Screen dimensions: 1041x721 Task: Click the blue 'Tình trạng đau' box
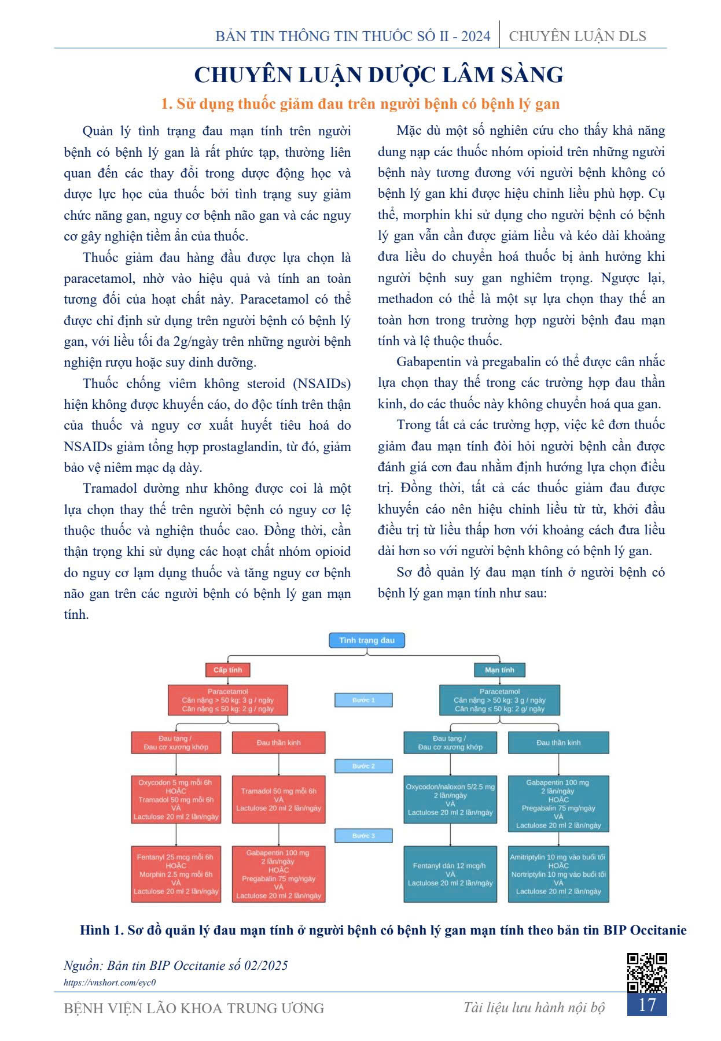click(x=367, y=640)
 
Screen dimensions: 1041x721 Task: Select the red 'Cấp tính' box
click(x=227, y=670)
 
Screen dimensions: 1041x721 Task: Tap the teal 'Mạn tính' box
click(x=499, y=670)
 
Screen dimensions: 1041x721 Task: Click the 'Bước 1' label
click(x=363, y=700)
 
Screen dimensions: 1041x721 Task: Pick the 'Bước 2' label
click(x=363, y=766)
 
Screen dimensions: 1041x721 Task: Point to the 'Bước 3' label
click(x=363, y=836)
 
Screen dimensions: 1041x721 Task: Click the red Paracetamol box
click(x=227, y=700)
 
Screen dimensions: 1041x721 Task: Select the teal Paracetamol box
click(x=499, y=700)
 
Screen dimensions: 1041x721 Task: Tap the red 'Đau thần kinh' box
click(x=278, y=743)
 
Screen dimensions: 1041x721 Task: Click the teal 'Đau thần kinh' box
click(x=558, y=743)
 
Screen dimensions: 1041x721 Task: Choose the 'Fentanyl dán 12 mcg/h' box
click(x=450, y=874)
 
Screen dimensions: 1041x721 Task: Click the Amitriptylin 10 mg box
click(x=558, y=874)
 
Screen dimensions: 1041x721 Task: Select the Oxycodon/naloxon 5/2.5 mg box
click(x=450, y=799)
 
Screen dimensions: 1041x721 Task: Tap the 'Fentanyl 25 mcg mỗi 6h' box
click(x=176, y=874)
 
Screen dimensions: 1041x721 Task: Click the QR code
click(x=647, y=973)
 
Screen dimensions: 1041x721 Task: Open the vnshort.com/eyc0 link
click(x=110, y=982)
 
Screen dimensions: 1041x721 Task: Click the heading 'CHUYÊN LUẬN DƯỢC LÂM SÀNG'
click(x=379, y=75)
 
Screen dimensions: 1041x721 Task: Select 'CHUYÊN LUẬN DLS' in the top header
click(x=577, y=36)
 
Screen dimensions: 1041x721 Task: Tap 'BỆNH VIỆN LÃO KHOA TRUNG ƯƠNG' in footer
click(x=194, y=1009)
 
